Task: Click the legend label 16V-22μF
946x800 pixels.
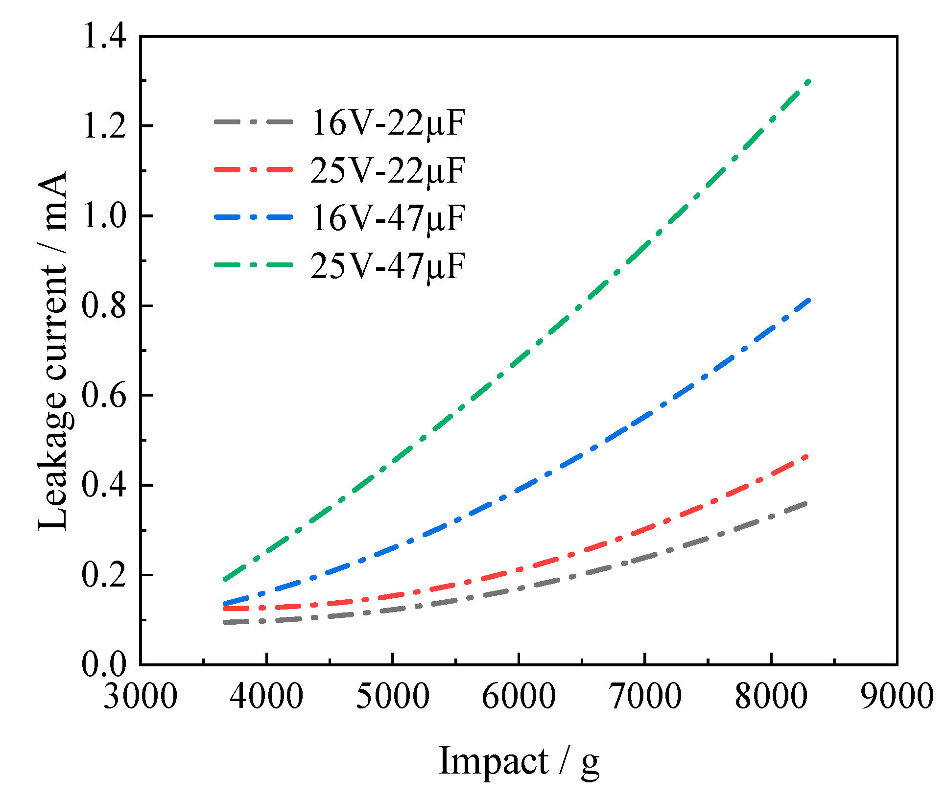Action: tap(387, 123)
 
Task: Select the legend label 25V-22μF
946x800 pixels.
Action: tap(387, 171)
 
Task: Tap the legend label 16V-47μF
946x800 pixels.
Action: tap(387, 218)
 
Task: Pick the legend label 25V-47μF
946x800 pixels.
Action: tap(387, 266)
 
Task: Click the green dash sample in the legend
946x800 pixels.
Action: tap(254, 265)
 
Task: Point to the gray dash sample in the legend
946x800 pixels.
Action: tap(254, 121)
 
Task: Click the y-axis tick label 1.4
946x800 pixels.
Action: tap(104, 37)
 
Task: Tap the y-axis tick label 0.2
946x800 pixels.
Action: tap(103, 575)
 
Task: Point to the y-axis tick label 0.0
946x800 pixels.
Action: tap(103, 665)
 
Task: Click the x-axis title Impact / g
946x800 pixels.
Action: tap(519, 761)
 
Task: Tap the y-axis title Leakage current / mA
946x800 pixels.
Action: tap(52, 350)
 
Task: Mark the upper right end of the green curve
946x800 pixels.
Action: tap(809, 81)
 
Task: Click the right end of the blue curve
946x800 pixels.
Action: tap(809, 300)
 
